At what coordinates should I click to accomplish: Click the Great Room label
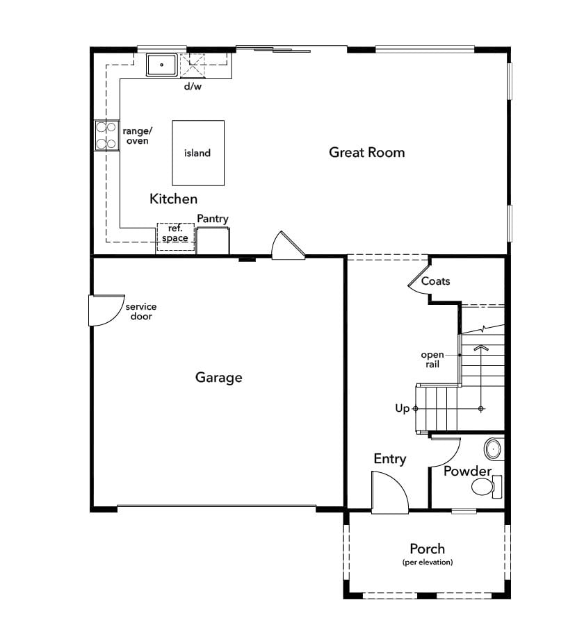(367, 152)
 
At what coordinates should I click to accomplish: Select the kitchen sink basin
(162, 65)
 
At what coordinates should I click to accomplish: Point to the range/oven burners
(107, 135)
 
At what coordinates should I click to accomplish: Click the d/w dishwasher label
(193, 86)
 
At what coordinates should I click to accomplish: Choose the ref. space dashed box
(176, 237)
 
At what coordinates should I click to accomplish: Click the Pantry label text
(213, 219)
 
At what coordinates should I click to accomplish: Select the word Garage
(219, 378)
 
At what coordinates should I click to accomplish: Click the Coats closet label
(435, 281)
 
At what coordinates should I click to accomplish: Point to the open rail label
(432, 360)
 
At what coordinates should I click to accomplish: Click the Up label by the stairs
(402, 408)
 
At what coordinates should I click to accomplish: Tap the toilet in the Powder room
(486, 486)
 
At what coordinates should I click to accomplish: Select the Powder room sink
(494, 449)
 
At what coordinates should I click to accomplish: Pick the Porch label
(427, 549)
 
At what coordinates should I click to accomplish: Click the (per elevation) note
(428, 562)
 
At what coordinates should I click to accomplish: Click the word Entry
(389, 459)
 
